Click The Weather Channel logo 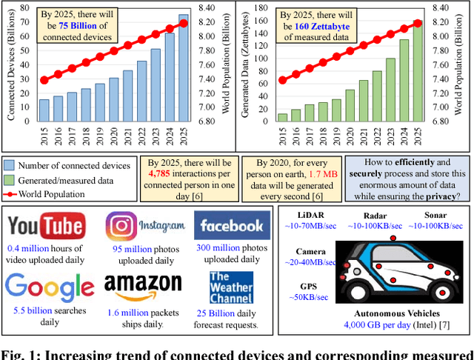pyautogui.click(x=230, y=285)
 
